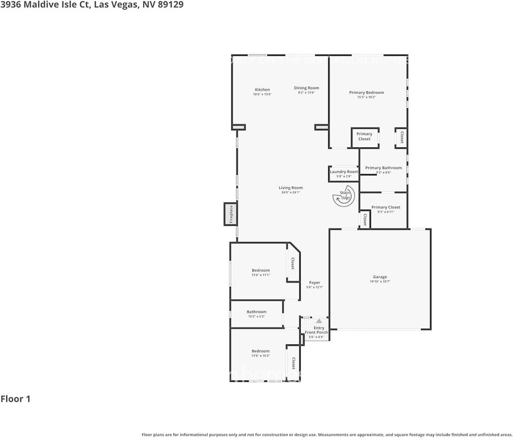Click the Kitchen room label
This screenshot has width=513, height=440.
tap(262, 90)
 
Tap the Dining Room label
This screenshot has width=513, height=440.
tap(306, 88)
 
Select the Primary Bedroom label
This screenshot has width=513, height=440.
tap(366, 93)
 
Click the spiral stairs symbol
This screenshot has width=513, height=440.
tap(343, 196)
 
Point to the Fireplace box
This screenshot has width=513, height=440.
tap(231, 214)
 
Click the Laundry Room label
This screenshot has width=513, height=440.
tap(344, 172)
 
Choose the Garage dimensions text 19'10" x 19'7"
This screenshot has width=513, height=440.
tap(380, 281)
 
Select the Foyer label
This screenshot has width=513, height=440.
tap(314, 283)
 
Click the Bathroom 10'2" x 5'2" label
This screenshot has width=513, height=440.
tap(256, 312)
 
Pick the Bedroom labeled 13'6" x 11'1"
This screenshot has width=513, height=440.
tap(260, 270)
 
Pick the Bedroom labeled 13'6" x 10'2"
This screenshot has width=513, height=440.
tap(260, 351)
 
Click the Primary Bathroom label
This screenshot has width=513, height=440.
tap(383, 168)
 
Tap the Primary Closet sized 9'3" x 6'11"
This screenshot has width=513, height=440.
tap(386, 207)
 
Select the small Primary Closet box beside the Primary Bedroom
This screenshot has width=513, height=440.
tap(364, 137)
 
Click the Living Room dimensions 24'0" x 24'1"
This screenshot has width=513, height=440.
tap(291, 192)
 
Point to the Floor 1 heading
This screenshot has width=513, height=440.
tap(16, 399)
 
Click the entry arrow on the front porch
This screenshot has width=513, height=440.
tap(319, 321)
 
